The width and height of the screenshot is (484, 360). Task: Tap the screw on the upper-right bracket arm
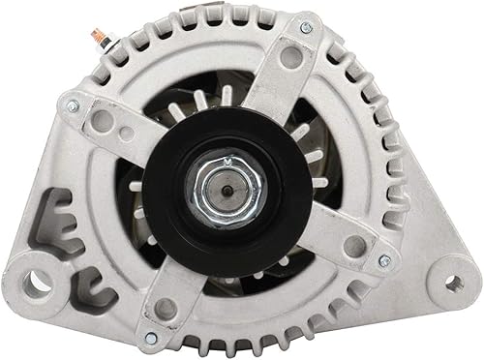click(x=306, y=27)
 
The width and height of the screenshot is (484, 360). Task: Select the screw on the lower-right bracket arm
click(x=384, y=258)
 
